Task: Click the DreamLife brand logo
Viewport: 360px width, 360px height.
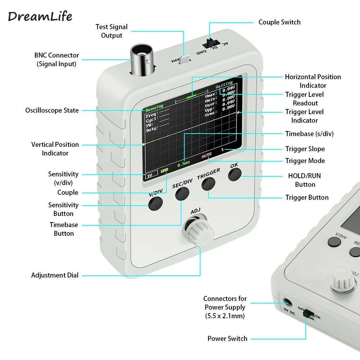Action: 40,16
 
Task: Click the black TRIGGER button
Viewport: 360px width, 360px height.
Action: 208,184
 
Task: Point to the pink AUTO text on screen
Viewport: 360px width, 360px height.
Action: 207,156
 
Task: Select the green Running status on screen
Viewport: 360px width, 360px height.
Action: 154,107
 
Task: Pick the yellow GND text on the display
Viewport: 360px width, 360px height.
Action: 164,170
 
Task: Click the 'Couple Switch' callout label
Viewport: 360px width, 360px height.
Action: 279,22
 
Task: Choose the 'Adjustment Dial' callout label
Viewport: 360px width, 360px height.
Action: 55,275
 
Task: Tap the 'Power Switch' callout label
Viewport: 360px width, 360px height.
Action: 227,338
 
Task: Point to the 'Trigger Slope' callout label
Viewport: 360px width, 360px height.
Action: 305,149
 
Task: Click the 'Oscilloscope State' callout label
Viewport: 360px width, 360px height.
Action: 52,110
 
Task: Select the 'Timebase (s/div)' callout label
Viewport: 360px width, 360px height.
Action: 309,134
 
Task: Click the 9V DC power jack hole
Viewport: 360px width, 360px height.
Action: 287,303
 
